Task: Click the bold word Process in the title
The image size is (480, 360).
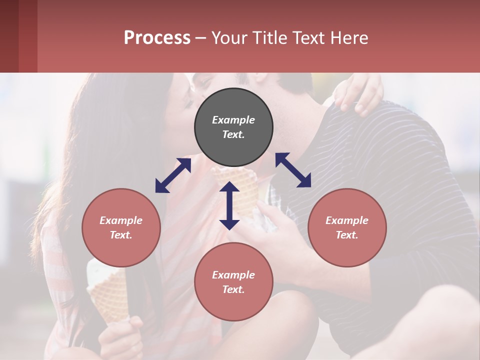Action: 157,37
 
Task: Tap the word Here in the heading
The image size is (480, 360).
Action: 348,37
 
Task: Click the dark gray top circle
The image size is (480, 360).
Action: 233,127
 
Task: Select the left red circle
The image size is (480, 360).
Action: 121,227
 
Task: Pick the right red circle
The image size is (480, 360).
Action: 347,227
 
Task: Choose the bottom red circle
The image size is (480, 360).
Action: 233,282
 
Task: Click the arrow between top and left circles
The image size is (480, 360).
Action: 173,175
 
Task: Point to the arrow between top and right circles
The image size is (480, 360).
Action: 293,170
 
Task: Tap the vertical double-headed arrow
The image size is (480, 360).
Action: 229,205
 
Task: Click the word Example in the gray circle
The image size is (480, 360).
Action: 233,120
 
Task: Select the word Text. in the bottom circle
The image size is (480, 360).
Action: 233,289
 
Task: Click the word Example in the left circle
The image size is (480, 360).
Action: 121,220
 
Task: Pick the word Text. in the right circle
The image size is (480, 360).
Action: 347,235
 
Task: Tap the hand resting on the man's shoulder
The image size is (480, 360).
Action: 358,93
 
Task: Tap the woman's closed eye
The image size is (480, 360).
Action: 187,103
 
